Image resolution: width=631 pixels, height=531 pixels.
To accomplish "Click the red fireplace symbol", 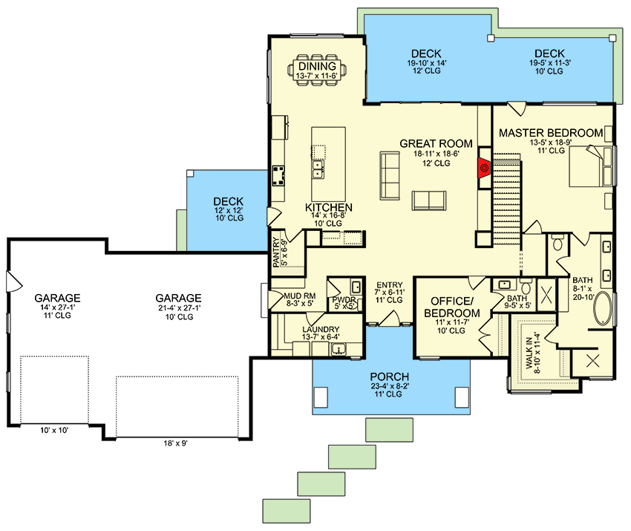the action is pos(484,168).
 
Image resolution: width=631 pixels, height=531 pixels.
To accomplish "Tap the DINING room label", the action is pos(317,66).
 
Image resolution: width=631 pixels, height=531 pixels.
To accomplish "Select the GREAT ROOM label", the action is pos(436,143).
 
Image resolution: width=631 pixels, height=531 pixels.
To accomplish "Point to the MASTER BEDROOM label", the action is pos(551,133).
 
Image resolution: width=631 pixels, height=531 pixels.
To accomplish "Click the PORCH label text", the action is pos(389,377).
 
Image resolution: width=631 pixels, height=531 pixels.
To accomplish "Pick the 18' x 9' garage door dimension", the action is pos(175,443).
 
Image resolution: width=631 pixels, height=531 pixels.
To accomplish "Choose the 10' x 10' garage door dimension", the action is pos(54,430).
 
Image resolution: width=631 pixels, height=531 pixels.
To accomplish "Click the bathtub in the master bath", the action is pos(603,308).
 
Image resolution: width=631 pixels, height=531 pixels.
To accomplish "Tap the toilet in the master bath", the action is pos(558,242).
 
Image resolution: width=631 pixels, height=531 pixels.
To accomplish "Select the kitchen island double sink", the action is pos(318,169).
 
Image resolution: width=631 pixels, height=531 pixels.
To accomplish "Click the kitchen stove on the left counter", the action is pos(278,176).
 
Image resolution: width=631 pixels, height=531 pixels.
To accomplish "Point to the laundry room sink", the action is pos(339,350).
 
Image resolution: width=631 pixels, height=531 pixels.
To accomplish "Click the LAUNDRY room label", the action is pos(321,329).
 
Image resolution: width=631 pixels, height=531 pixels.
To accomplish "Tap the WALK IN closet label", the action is pos(529,353).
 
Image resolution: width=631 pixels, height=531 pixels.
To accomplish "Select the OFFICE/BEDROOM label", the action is pos(451,307).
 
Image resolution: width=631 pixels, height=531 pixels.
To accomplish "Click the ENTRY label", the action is pos(390,285).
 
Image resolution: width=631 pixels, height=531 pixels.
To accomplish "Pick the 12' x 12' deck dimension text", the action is pos(229,210).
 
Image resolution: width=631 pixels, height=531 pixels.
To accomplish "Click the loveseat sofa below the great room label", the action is pos(429,201).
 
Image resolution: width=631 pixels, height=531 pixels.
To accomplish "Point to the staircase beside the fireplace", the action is pos(507,199).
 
